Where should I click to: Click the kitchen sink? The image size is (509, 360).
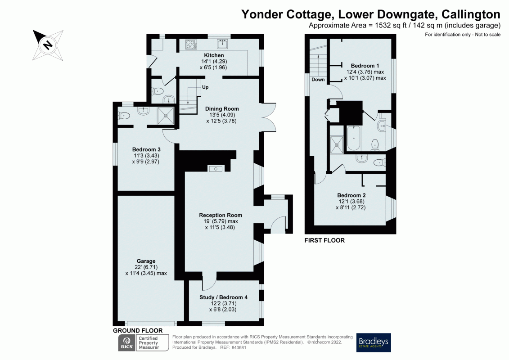222,44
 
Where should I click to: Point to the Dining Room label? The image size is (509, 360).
221,109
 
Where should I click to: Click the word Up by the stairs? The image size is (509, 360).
205,87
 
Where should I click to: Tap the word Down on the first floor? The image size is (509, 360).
318,80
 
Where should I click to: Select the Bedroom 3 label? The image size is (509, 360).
146,149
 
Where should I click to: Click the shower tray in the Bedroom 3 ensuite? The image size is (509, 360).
165,116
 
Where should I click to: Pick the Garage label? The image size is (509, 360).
146,261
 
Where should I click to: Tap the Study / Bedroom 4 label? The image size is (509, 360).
223,297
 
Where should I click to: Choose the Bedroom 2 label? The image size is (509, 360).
351,195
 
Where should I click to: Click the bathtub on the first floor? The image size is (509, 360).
354,138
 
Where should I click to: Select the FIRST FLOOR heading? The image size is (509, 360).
324,240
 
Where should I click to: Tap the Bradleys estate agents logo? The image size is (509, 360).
374,342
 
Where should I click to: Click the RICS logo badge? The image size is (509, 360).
125,343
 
